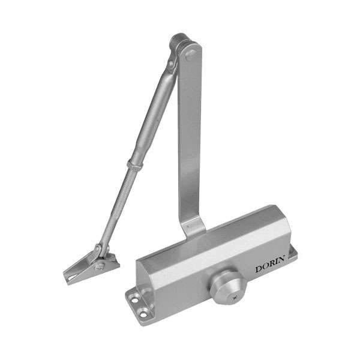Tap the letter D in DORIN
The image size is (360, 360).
pyautogui.click(x=259, y=269)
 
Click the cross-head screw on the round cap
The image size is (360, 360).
pyautogui.click(x=235, y=298)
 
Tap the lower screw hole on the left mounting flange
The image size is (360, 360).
pyautogui.click(x=143, y=314)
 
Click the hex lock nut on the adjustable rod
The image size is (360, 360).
pyautogui.click(x=135, y=164)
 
